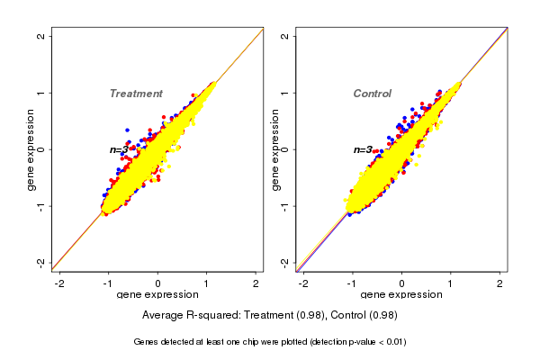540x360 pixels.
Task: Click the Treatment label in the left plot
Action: click(136, 94)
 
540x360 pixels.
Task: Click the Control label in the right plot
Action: click(373, 94)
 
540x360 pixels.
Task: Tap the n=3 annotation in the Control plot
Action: click(364, 149)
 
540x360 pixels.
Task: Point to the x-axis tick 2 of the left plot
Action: click(256, 283)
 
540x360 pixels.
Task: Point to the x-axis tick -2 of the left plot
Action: click(59, 283)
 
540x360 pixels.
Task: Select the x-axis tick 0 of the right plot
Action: click(402, 283)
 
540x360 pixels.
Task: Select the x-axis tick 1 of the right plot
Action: click(451, 283)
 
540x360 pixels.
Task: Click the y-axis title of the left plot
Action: click(31, 149)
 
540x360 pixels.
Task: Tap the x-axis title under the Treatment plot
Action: click(157, 295)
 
